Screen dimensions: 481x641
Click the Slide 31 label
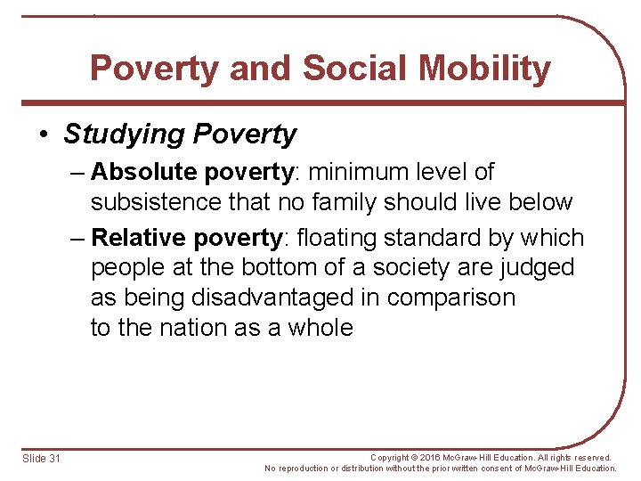tap(42, 458)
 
